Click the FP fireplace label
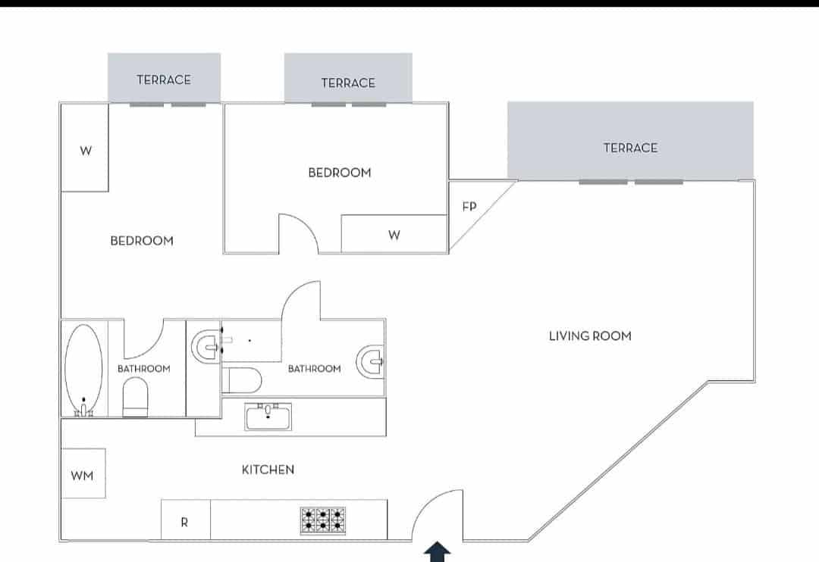(468, 206)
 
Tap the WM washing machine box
(83, 475)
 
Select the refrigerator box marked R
(185, 521)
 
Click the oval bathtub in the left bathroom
(83, 369)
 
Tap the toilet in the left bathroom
(135, 397)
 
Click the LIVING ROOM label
(589, 336)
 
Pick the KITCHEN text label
(268, 470)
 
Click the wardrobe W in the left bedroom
(86, 150)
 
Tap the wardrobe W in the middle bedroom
(394, 235)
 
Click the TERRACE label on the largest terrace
(630, 148)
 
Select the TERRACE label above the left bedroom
(164, 80)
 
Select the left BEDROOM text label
(142, 241)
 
